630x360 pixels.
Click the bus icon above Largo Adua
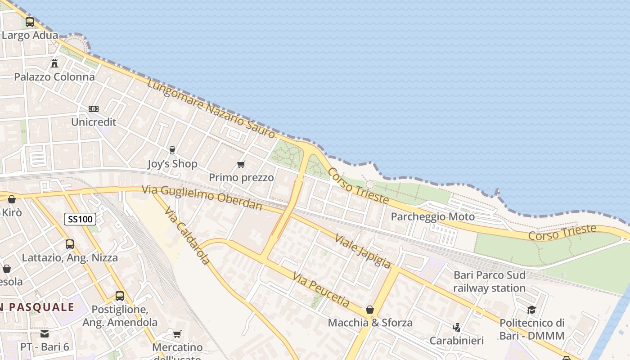tap(30, 22)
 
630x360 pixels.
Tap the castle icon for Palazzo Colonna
tap(54, 63)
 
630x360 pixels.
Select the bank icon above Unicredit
tap(94, 109)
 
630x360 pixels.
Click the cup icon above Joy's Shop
tap(172, 150)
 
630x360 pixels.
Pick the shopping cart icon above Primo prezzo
tap(241, 164)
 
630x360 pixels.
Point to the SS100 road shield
tap(80, 219)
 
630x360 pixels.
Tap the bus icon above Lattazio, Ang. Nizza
tap(70, 244)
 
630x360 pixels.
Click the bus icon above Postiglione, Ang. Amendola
tap(120, 296)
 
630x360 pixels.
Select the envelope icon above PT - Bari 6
tap(45, 333)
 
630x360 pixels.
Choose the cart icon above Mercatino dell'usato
tap(177, 334)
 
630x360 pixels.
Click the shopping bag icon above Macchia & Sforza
tap(370, 310)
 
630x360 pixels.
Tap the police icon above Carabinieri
tap(457, 327)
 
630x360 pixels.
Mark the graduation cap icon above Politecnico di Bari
tap(532, 310)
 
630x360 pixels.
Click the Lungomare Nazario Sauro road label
tap(211, 109)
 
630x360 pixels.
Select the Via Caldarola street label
tap(187, 235)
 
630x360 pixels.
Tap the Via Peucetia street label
tap(320, 290)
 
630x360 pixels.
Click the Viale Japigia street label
tap(362, 251)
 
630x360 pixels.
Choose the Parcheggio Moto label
tap(432, 217)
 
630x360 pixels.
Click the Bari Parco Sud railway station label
tap(489, 281)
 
